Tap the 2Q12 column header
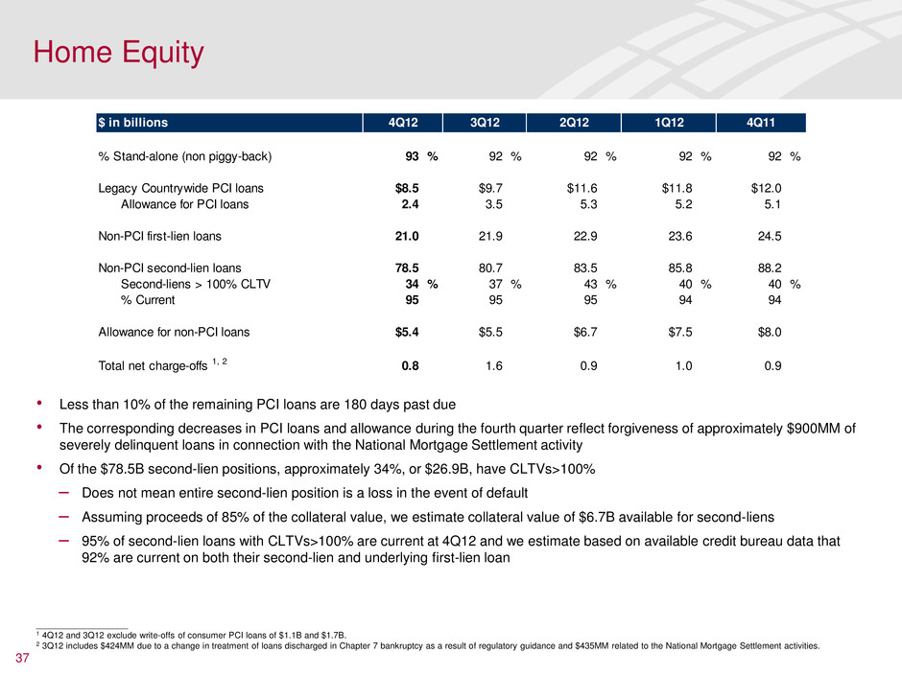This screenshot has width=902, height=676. (x=578, y=123)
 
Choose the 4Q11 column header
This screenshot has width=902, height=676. (x=760, y=123)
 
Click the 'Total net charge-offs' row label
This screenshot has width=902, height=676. (x=158, y=364)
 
